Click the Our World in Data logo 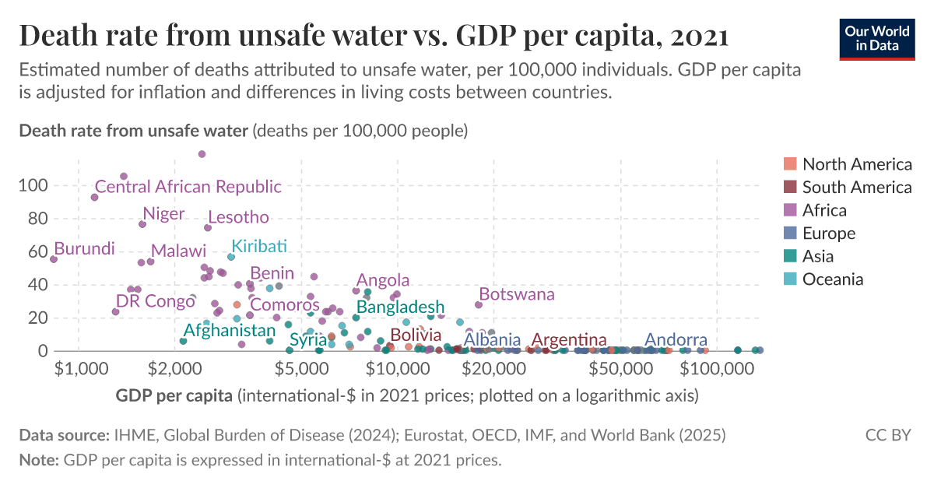click(877, 38)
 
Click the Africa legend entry click(823, 210)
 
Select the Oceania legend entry click(832, 279)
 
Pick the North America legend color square click(790, 164)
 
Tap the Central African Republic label click(188, 187)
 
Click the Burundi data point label click(84, 249)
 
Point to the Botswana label click(517, 294)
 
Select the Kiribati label click(259, 247)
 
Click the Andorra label click(676, 340)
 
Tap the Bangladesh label click(400, 307)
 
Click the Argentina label click(569, 340)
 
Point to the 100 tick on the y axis click(38, 186)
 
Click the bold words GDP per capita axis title click(174, 396)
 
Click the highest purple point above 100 click(202, 154)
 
